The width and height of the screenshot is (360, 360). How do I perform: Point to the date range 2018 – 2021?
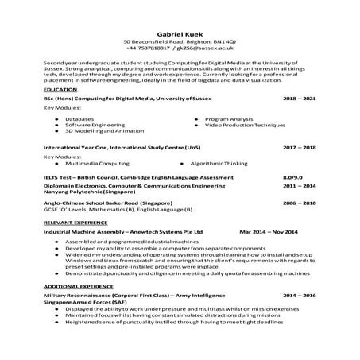pyautogui.click(x=299, y=99)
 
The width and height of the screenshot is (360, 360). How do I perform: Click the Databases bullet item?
pyautogui.click(x=80, y=119)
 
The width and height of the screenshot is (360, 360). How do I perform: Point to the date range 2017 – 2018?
pyautogui.click(x=299, y=148)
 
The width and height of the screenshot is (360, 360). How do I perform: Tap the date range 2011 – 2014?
pyautogui.click(x=299, y=185)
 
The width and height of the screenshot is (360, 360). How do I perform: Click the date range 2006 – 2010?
pyautogui.click(x=299, y=203)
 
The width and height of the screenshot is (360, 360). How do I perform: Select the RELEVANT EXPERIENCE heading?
pyautogui.click(x=75, y=223)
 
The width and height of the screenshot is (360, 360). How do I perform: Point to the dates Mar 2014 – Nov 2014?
pyautogui.click(x=268, y=231)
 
